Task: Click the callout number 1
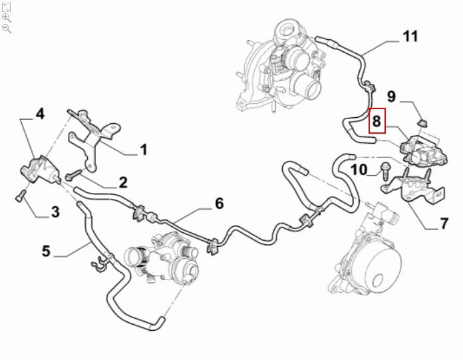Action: click(143, 150)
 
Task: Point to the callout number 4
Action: click(40, 114)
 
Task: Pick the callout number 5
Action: click(46, 251)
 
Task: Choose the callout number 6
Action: click(218, 204)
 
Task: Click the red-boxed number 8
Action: click(377, 120)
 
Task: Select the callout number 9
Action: click(392, 96)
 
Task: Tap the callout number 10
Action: click(359, 170)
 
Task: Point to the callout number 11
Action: click(410, 36)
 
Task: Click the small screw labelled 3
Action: click(21, 194)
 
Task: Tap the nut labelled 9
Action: click(420, 123)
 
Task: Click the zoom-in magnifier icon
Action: click(7, 17)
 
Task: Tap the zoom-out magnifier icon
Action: click(7, 28)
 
